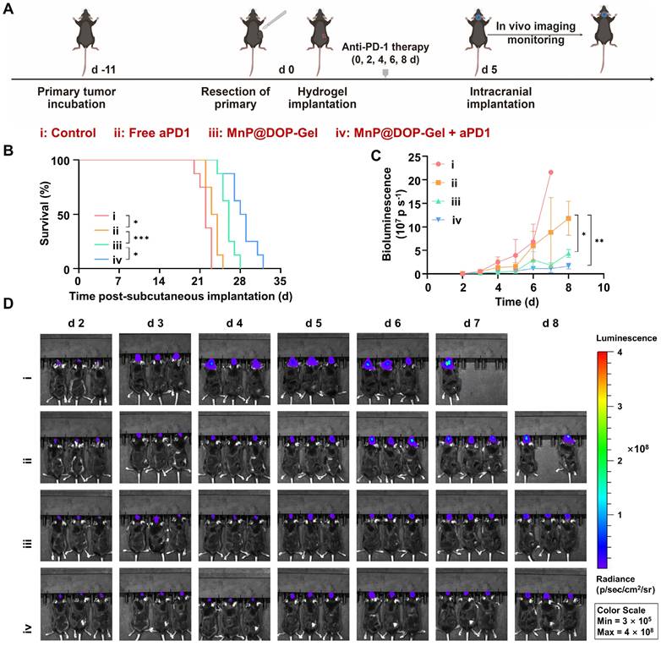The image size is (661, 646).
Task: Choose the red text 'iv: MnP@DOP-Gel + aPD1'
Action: [x=419, y=133]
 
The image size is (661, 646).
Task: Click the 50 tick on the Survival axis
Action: [x=66, y=214]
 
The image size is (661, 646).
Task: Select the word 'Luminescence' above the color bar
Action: [x=626, y=337]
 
